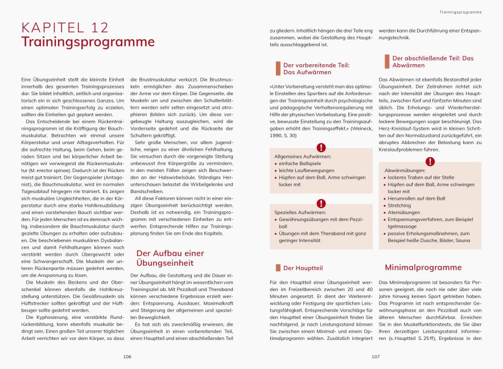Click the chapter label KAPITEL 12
click(64, 28)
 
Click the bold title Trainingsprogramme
click(88, 42)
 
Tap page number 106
click(127, 357)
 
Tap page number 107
click(376, 357)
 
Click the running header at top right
click(461, 12)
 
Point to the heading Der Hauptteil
click(303, 268)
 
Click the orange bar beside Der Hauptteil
click(278, 268)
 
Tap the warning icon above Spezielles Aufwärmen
click(321, 203)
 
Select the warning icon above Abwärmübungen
click(430, 162)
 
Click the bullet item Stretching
click(399, 206)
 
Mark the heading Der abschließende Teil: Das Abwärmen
click(432, 61)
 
